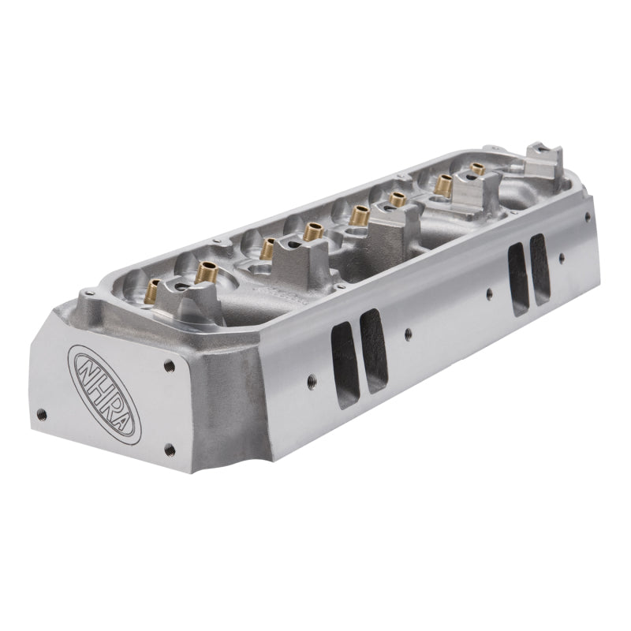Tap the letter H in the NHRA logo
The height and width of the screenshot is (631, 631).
click(x=97, y=387)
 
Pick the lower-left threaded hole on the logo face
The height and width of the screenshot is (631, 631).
click(x=42, y=414)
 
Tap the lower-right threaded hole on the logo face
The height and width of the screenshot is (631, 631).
click(x=168, y=450)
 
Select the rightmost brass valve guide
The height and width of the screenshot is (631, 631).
click(x=477, y=170)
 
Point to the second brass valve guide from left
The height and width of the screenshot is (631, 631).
click(x=207, y=273)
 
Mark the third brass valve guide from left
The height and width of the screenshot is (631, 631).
click(x=268, y=248)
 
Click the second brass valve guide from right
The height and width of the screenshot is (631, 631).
click(x=443, y=185)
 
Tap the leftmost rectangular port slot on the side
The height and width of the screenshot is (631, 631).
click(x=345, y=364)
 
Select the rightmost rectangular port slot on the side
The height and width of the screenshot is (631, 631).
click(x=540, y=268)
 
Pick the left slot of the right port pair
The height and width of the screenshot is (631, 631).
click(x=517, y=279)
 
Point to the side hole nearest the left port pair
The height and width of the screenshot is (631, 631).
click(x=407, y=334)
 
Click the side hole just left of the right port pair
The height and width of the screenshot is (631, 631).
click(x=489, y=294)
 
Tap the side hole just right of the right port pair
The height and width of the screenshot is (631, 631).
click(x=561, y=257)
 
